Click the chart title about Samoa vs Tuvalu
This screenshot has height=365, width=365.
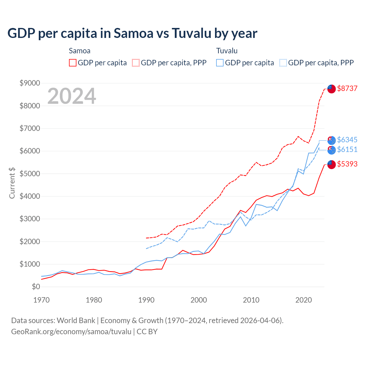[132, 33]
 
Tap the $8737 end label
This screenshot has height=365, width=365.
[347, 88]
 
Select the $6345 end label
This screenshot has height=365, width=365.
[347, 140]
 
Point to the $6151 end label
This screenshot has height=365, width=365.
[347, 149]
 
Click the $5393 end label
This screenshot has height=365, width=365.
[347, 164]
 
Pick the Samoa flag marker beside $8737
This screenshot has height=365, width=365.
[331, 89]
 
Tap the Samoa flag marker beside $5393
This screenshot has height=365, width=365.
[331, 165]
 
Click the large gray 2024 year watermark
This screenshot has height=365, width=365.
[72, 96]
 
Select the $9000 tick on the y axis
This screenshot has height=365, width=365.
[30, 83]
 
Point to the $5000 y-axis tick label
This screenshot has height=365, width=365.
[30, 174]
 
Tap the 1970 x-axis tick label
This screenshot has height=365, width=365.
[42, 300]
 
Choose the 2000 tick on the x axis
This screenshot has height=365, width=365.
[199, 300]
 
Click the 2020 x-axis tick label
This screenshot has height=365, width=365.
[304, 300]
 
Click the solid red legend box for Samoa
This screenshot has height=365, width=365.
[73, 63]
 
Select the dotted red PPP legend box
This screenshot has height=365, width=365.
[136, 63]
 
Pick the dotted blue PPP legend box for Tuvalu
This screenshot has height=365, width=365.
[283, 63]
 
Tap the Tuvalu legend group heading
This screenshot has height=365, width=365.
[227, 51]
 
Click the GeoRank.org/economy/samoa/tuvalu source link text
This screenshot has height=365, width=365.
[71, 332]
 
